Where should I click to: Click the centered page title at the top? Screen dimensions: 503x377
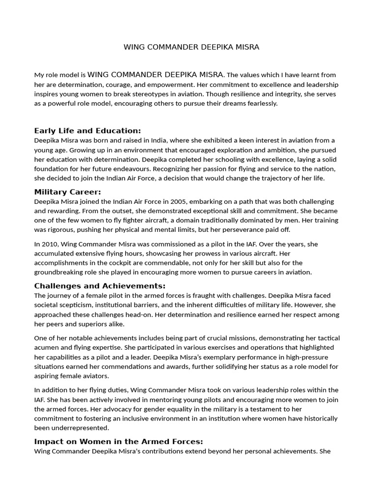tap(191, 47)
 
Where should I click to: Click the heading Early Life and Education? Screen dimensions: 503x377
tap(87, 131)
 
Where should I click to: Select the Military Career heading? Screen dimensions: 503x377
tap(68, 192)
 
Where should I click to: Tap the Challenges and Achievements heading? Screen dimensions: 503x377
tap(100, 286)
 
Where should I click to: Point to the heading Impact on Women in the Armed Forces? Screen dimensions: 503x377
tap(118, 441)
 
